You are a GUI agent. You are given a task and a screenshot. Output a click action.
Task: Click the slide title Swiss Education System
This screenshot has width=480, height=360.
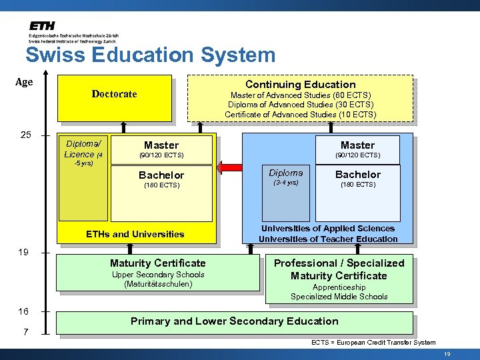coord(150,55)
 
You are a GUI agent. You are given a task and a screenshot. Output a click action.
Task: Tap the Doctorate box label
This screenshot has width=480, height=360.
coord(114,94)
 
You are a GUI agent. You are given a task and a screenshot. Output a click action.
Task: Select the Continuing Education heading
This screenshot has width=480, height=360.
coord(301,84)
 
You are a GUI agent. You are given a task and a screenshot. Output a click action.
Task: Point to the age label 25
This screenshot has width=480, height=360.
coord(25,135)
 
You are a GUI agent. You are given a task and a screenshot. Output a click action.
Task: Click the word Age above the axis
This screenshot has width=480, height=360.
coord(24,82)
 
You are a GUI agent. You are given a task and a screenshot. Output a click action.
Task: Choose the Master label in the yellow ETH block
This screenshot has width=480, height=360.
coord(161,145)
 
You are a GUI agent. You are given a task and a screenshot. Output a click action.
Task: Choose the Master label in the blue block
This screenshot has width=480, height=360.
coord(357,145)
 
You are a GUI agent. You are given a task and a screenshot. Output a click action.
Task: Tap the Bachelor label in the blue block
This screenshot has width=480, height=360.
coord(358,174)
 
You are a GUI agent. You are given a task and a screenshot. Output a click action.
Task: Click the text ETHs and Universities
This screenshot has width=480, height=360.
coord(135,234)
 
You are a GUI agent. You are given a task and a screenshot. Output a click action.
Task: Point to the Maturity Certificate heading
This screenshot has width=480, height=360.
coord(158,263)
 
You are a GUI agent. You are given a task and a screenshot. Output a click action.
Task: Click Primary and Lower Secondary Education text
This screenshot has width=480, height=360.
coord(235,321)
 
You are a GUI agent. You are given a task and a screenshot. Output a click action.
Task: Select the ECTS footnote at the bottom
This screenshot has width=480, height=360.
coord(373,343)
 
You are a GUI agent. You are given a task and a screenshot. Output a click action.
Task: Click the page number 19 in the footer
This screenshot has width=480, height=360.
coord(447,354)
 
